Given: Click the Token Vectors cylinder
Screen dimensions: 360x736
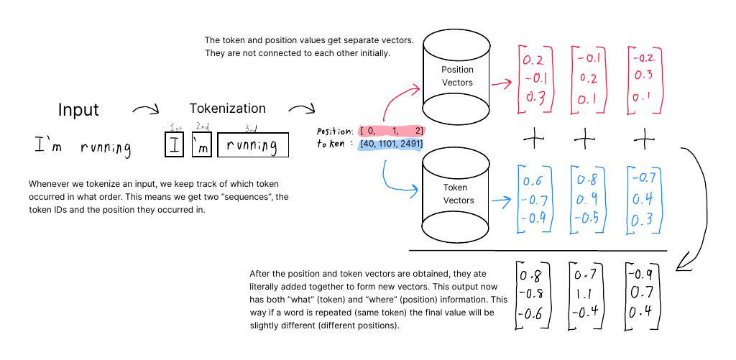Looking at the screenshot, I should coord(457,194).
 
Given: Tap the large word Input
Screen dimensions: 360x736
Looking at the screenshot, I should coord(78,110).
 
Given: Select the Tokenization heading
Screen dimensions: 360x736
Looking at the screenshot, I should coord(227,109).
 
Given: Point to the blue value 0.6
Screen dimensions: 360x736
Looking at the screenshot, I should coord(533,181).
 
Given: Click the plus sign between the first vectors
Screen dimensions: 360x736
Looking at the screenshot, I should coord(533,137).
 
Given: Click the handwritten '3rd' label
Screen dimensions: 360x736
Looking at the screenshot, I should coord(251,128).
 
